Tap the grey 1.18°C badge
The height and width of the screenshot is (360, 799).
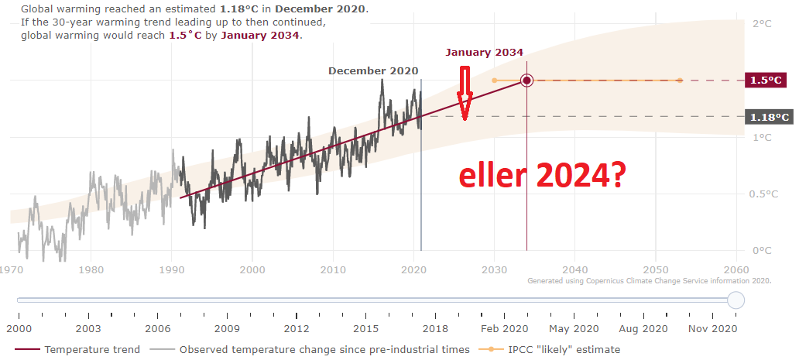click(769, 117)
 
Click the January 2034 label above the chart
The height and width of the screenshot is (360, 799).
click(484, 53)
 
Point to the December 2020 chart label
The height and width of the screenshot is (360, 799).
click(372, 70)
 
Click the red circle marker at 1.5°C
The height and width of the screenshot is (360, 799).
click(526, 81)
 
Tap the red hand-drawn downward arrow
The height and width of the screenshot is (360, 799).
click(465, 94)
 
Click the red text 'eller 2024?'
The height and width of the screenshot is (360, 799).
click(542, 177)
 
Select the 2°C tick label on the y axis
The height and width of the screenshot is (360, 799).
click(763, 24)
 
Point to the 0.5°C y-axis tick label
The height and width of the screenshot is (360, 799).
click(765, 194)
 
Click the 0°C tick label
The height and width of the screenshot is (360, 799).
click(763, 251)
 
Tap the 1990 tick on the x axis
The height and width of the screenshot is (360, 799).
click(172, 269)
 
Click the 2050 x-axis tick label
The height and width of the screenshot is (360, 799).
click(656, 269)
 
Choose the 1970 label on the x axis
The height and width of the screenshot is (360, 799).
click(11, 269)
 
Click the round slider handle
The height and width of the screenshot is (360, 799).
click(736, 300)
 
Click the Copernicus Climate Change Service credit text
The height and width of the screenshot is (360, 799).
click(650, 282)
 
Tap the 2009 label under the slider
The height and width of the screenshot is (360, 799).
click(227, 328)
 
